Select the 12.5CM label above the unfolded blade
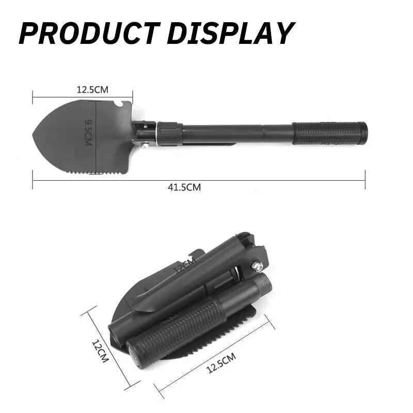click(x=92, y=89)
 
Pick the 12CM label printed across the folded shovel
click(x=184, y=268)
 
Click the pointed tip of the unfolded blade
click(x=34, y=137)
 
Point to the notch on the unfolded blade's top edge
click(x=119, y=105)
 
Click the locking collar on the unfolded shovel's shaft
click(x=170, y=134)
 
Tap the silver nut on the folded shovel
click(x=256, y=266)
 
